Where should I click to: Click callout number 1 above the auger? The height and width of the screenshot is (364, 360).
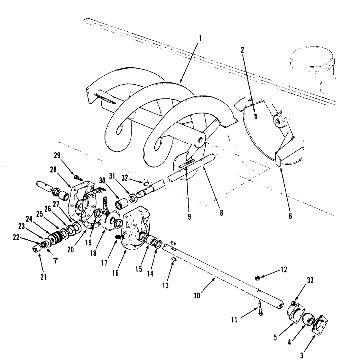199,44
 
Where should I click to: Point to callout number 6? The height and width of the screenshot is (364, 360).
290,216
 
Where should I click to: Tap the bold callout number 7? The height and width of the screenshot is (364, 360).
55,261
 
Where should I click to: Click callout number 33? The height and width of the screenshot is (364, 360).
310,280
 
